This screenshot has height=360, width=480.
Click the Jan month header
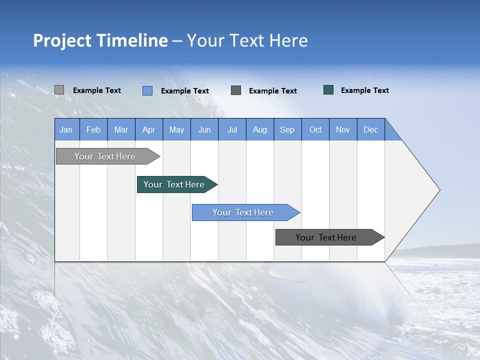(x=66, y=129)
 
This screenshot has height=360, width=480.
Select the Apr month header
(x=148, y=129)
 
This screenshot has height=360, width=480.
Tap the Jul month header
(x=232, y=129)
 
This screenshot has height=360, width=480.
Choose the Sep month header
(x=287, y=129)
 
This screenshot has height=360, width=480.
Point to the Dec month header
(x=370, y=129)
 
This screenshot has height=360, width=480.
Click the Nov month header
(x=342, y=129)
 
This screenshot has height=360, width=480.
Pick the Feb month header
(x=93, y=129)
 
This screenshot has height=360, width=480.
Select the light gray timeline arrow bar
(x=105, y=156)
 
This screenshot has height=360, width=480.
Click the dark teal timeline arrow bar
(x=174, y=184)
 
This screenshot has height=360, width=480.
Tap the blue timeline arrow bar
(x=243, y=212)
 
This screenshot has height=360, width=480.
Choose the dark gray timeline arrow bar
(x=326, y=237)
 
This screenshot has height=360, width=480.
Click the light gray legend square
(x=59, y=90)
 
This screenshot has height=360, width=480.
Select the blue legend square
(x=147, y=90)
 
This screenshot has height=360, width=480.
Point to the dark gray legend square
(x=236, y=90)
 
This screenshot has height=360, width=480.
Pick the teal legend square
(x=328, y=90)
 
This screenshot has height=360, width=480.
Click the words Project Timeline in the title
(x=100, y=40)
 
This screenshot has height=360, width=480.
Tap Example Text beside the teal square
(x=364, y=90)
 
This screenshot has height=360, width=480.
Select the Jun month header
(x=204, y=129)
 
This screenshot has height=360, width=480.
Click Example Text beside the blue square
(x=184, y=91)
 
